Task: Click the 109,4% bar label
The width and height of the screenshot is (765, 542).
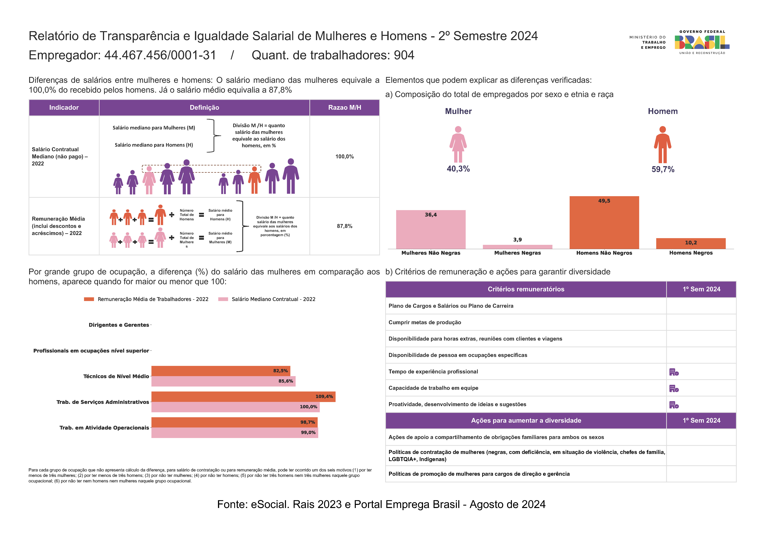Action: click(x=324, y=396)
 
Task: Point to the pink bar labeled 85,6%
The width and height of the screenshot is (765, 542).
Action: click(x=223, y=381)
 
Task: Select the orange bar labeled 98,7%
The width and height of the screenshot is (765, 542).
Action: click(x=234, y=422)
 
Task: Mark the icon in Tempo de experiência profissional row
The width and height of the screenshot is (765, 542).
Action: click(x=674, y=372)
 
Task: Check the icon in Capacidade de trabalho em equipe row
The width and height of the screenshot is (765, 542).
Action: click(x=674, y=389)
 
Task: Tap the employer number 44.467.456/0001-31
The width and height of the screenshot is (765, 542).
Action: click(x=160, y=55)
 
